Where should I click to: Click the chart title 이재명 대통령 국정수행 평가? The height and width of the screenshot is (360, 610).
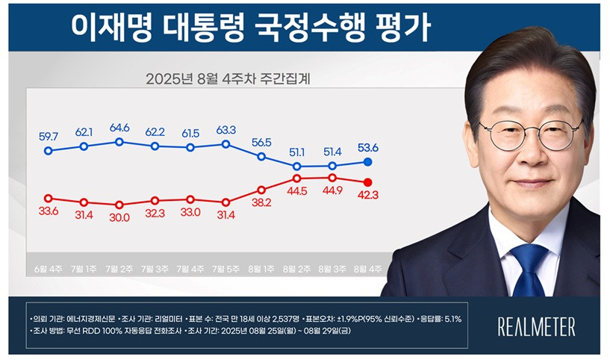(x=249, y=28)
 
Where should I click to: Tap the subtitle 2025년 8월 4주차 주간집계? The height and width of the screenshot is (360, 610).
(x=228, y=78)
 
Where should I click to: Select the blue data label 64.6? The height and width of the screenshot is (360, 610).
(x=119, y=128)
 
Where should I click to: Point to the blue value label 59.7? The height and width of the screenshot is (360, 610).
(x=49, y=137)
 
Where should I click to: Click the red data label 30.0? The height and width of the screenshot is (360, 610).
(x=119, y=217)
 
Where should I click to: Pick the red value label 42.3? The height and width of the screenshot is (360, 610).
(x=367, y=196)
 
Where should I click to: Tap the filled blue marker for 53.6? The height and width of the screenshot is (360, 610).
(x=367, y=161)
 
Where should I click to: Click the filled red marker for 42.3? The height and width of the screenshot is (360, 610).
(x=367, y=182)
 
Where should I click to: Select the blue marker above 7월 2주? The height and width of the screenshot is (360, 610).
(x=119, y=141)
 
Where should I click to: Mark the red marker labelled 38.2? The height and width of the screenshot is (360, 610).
(x=261, y=190)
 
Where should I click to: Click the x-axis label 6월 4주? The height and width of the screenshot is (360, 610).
(x=49, y=267)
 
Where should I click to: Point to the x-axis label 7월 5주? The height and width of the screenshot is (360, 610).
(x=225, y=267)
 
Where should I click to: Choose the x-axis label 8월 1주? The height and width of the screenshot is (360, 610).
(x=261, y=267)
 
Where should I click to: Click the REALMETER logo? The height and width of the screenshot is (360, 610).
(x=536, y=326)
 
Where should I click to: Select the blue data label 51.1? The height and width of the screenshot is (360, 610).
(x=296, y=152)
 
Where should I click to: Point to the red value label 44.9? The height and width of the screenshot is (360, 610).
(x=332, y=190)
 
